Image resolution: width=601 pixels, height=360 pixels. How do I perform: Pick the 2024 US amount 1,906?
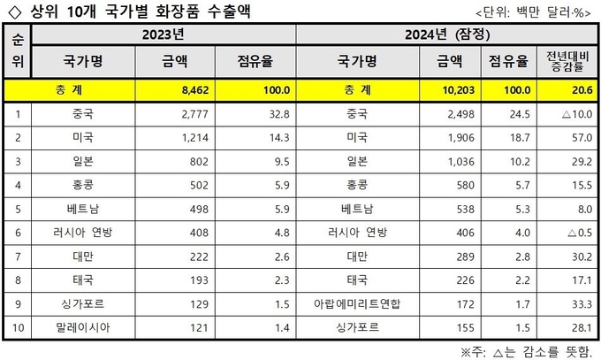[457, 138]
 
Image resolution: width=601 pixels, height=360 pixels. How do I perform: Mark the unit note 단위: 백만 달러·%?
[534, 12]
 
